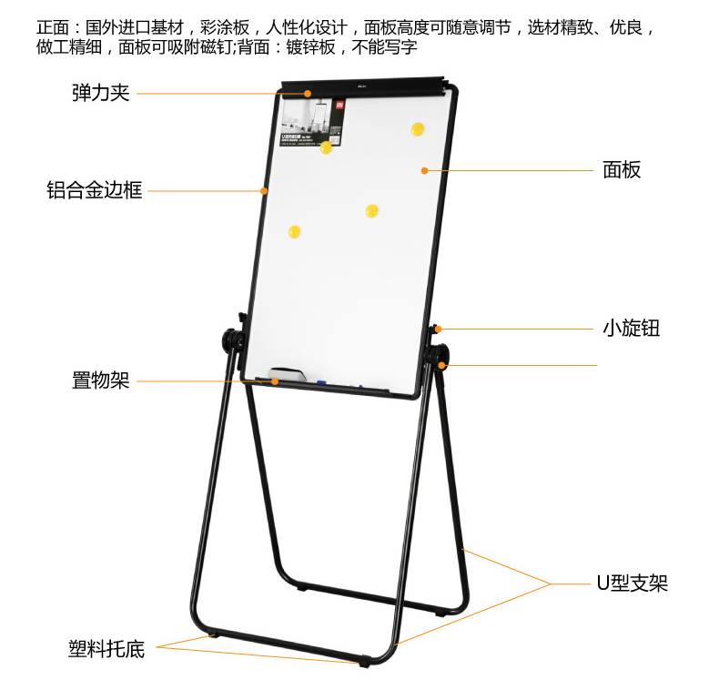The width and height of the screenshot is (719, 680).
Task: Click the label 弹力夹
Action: click(101, 93)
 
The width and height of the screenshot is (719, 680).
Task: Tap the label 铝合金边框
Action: click(95, 191)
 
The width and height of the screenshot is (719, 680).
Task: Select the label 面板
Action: click(622, 170)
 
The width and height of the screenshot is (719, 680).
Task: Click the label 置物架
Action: click(101, 381)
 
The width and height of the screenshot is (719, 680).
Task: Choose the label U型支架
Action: click(632, 584)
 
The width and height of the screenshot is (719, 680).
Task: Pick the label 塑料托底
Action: click(106, 648)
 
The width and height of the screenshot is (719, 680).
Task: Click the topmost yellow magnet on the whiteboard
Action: click(418, 129)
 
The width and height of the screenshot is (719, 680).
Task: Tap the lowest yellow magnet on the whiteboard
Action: click(294, 232)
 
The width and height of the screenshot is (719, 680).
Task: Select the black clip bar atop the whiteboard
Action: click(364, 88)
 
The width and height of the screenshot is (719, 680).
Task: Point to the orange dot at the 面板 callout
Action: click(424, 170)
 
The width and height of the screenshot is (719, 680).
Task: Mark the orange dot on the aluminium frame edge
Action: click(264, 191)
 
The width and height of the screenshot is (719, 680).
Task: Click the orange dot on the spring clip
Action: click(309, 93)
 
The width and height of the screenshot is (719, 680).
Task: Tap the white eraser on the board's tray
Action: click(289, 374)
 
